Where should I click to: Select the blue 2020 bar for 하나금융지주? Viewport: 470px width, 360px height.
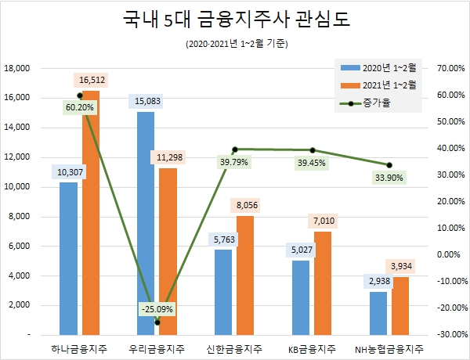(69, 258)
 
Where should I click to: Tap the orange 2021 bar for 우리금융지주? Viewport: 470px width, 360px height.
(168, 250)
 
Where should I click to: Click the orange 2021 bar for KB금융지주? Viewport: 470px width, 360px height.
(322, 283)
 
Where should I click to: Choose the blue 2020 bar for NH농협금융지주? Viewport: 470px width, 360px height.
(378, 313)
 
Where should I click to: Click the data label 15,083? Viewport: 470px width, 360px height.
(147, 101)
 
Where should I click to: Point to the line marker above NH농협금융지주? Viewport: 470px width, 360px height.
(389, 165)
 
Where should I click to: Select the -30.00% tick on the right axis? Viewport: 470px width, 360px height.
(443, 334)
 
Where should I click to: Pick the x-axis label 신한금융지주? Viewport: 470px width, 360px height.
(234, 348)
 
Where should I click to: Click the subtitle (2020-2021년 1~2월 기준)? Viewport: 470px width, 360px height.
(234, 44)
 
